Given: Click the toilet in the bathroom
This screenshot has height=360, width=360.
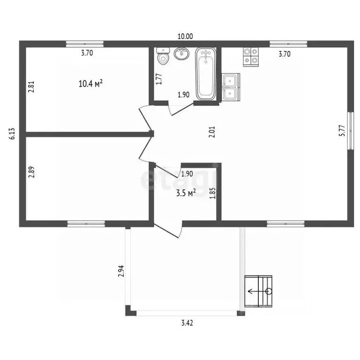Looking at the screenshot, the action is pos(163,56).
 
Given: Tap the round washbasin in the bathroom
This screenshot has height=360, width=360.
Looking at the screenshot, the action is pos(182,54).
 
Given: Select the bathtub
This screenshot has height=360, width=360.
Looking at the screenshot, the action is pos(205,74).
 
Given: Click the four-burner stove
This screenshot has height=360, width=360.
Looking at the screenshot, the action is pos(251,57).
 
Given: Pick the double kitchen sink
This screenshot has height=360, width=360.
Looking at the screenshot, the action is pos(231,87).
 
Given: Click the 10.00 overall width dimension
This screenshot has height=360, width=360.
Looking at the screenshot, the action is pos(185,36).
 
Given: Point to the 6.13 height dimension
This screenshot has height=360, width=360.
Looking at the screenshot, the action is pos(12,134).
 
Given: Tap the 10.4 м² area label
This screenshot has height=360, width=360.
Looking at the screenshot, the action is pos(90,83).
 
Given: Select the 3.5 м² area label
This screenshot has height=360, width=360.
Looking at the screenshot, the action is pos(186,193).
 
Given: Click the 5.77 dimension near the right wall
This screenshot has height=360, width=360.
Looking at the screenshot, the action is pos(342,131).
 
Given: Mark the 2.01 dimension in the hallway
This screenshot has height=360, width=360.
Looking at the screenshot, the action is pos(212,132).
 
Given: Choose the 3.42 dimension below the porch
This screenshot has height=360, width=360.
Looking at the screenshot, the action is pos(187,323).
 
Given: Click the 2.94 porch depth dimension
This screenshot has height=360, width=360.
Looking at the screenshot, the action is pos(121,271).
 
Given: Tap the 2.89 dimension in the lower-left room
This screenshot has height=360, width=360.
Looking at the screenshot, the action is pos(31,172).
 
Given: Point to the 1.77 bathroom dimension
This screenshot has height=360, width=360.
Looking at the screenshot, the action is pos(159,79).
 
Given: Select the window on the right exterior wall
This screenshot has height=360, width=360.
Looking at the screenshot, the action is pos(350,131).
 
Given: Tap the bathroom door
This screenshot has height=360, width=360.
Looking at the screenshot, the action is pos(181,109).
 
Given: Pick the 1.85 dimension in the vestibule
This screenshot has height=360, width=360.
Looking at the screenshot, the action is pos(213,193).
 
